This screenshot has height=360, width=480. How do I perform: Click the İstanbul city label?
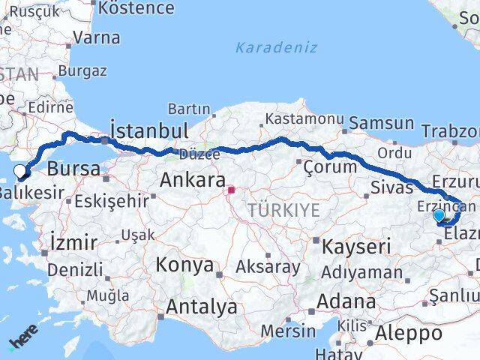(149, 130)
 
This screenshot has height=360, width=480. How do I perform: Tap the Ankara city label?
(193, 180)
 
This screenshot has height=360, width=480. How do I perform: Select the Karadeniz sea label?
(276, 47)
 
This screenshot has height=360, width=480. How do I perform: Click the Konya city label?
(184, 265)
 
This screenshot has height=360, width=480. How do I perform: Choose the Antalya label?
(202, 306)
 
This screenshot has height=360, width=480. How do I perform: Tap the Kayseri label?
(357, 245)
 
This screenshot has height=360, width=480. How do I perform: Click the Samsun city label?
(382, 123)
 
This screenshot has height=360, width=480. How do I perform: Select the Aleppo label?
(410, 333)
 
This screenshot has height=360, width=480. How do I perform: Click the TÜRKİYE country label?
(284, 209)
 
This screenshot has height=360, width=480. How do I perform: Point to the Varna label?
(97, 36)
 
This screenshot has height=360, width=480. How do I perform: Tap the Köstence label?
(136, 8)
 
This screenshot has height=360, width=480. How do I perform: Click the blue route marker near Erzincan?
(439, 216)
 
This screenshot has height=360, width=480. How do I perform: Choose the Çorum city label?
(331, 166)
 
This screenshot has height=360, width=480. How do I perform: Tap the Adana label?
(346, 301)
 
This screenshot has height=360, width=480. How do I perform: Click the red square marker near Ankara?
(232, 190)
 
